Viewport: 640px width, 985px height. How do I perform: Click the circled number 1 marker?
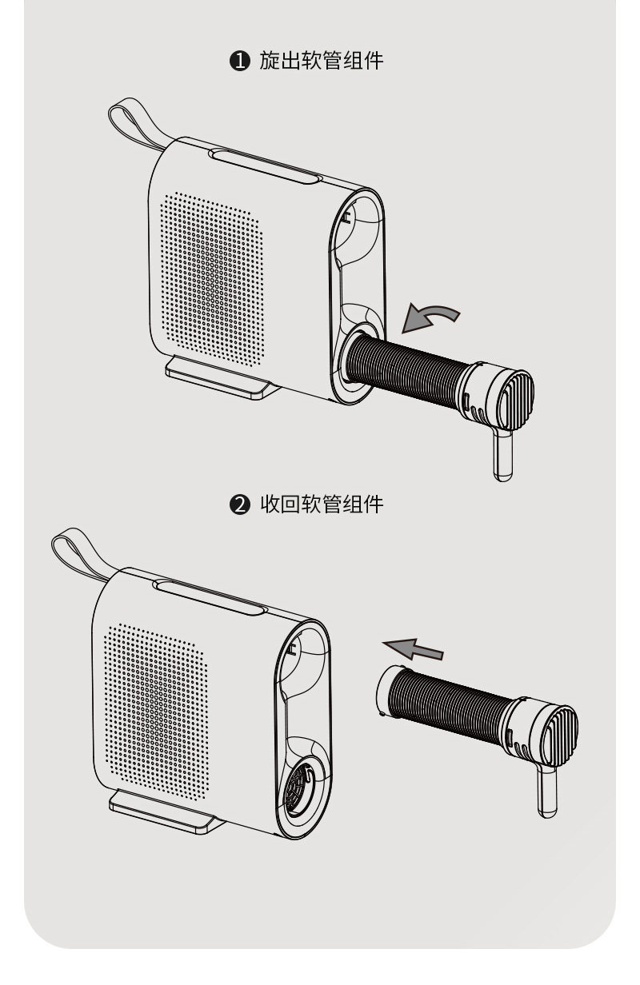click(x=240, y=61)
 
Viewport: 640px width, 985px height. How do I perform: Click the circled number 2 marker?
click(x=240, y=504)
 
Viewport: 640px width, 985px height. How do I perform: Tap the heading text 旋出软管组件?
click(x=321, y=61)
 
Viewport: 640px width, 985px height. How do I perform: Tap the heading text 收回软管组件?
click(x=321, y=504)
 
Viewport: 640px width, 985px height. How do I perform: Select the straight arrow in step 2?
click(x=412, y=647)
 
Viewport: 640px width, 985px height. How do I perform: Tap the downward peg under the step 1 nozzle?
click(x=502, y=456)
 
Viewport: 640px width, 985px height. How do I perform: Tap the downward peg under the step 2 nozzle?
click(x=547, y=792)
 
